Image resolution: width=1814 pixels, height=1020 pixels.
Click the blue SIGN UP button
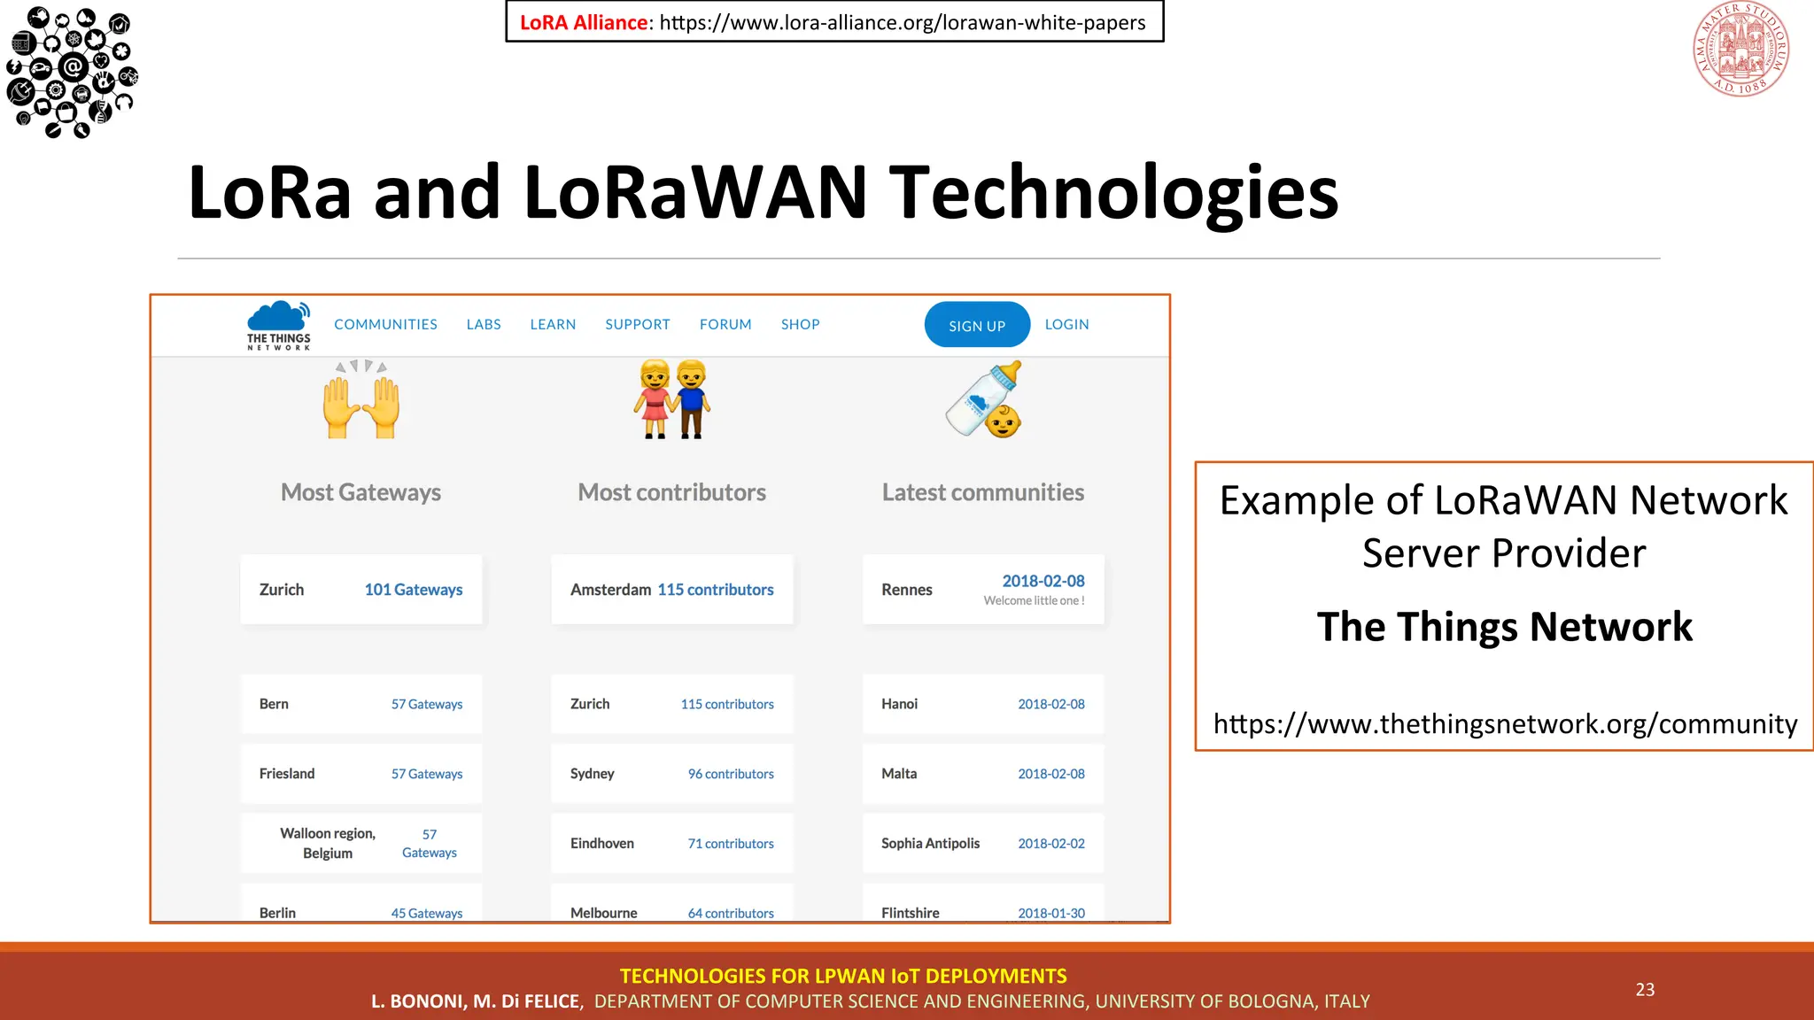point(977,325)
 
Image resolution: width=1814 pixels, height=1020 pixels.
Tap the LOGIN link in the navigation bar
point(1066,324)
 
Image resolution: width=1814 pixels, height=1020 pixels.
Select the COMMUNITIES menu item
point(385,324)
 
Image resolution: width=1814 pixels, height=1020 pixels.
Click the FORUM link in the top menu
point(725,324)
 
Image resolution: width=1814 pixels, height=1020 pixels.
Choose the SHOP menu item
point(800,324)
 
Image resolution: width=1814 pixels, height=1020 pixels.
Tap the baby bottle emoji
point(983,400)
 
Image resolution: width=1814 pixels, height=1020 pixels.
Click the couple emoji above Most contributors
point(672,400)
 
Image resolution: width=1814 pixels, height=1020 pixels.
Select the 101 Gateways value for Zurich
point(414,590)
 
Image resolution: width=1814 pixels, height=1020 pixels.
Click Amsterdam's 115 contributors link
point(716,590)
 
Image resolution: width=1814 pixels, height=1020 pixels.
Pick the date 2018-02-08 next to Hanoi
point(1051,704)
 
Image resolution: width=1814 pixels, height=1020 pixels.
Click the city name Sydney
point(592,774)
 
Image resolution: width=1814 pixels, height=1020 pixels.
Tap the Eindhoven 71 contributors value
point(731,844)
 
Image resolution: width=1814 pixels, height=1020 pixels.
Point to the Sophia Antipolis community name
point(930,844)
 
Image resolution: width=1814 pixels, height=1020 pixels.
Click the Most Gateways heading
point(360,492)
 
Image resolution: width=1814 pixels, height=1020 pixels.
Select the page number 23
point(1645,990)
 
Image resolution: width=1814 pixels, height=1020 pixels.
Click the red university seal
point(1740,50)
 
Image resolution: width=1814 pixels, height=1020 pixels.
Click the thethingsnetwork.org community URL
point(1505,724)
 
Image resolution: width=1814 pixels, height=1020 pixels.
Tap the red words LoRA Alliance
point(584,23)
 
